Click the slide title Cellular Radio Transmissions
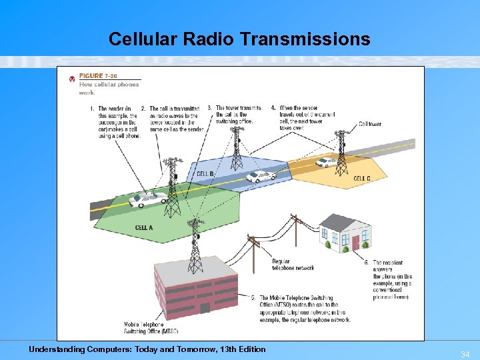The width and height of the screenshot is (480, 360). [239, 39]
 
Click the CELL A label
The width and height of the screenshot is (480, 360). [144, 227]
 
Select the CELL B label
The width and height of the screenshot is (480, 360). [205, 174]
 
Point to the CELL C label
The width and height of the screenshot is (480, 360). [362, 179]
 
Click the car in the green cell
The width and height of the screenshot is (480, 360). [148, 199]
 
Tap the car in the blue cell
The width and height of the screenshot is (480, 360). [260, 177]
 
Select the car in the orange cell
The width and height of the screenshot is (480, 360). [325, 161]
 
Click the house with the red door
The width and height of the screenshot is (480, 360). [345, 233]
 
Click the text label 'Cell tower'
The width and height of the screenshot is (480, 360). [370, 124]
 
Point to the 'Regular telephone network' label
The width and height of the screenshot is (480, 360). [293, 265]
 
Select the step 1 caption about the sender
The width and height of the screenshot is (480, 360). [115, 122]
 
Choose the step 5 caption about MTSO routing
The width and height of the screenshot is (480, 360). [303, 309]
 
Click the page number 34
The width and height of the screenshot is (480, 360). [465, 353]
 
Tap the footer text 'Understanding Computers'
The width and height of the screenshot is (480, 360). [147, 349]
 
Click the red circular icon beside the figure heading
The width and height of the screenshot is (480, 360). [72, 79]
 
